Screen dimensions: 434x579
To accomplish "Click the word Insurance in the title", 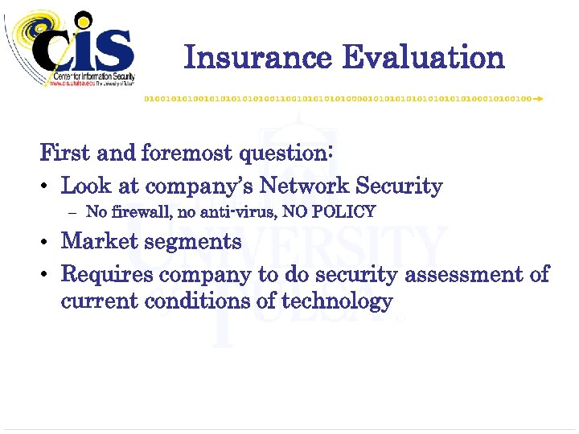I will [257, 58].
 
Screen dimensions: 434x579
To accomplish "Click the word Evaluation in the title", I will [423, 58].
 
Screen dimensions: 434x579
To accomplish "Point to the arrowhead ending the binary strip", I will [538, 98].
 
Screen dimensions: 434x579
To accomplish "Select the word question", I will [285, 152].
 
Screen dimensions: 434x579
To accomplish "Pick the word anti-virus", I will [235, 212].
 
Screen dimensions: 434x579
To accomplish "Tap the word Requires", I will [108, 275].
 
